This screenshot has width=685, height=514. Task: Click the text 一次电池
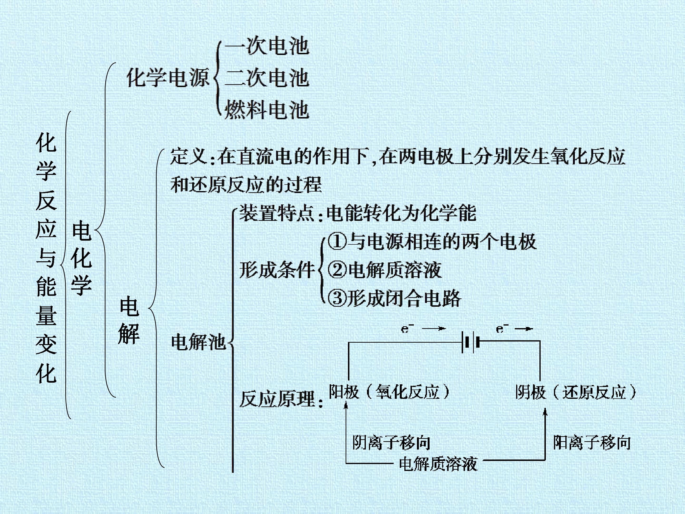point(267,46)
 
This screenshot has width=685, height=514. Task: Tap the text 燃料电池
point(267,110)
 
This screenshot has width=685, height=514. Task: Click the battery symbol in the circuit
point(470,342)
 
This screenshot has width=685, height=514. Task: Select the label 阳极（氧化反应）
point(389,392)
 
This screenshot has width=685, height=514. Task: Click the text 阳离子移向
point(592,442)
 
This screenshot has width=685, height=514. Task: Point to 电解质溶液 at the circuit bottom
point(438,464)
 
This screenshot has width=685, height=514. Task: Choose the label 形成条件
point(277,270)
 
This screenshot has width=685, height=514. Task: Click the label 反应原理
point(277,399)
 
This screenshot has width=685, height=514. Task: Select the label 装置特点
point(277,213)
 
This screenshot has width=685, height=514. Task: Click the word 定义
point(189,156)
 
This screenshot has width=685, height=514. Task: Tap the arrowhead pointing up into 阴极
point(545,411)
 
